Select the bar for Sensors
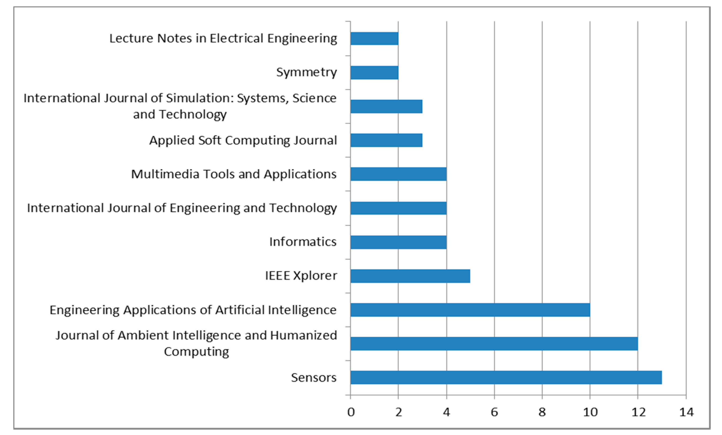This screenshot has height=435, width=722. click(x=506, y=377)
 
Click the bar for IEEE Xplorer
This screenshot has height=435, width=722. click(x=410, y=276)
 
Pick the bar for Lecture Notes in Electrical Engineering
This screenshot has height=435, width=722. click(x=374, y=38)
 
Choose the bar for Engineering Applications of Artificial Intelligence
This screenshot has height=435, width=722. click(x=470, y=310)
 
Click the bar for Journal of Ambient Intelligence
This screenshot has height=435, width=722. click(x=494, y=343)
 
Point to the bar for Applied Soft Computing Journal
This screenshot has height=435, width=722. click(x=386, y=140)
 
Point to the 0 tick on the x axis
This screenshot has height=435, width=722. click(x=351, y=412)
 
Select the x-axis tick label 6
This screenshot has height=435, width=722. click(x=494, y=412)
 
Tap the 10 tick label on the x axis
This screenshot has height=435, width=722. click(x=590, y=412)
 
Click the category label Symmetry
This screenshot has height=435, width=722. click(x=306, y=72)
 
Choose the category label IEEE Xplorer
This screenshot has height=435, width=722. click(x=301, y=276)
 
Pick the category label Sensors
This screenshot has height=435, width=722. click(x=314, y=377)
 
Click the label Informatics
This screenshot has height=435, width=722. click(x=303, y=242)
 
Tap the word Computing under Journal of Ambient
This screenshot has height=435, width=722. click(x=197, y=352)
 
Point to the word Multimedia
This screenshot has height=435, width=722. click(x=165, y=174)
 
